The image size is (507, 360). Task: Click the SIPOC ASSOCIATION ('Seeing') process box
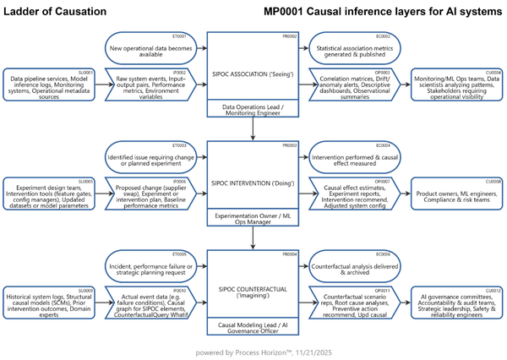click(253, 67)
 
